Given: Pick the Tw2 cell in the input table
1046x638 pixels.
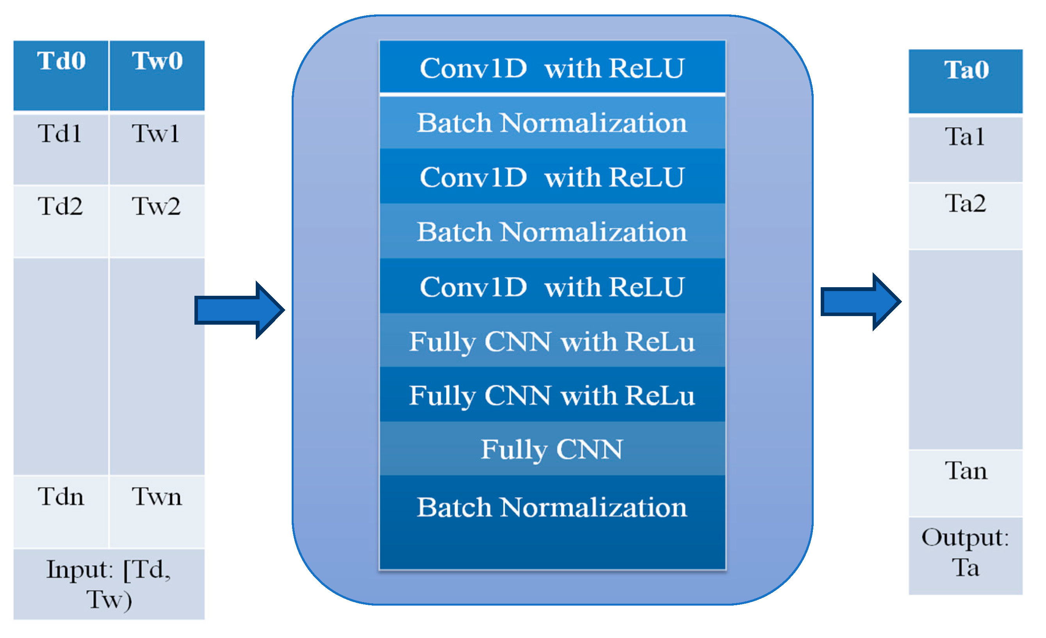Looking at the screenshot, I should click(157, 220).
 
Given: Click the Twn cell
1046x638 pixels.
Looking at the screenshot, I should click(157, 511).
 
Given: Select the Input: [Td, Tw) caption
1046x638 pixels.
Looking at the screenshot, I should click(109, 584).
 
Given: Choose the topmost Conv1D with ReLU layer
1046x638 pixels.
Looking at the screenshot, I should click(552, 68).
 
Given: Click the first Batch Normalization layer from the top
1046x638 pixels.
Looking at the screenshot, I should click(552, 123).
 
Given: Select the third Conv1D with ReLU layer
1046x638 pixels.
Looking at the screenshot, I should click(552, 287).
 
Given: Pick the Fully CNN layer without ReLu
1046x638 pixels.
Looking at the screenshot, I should click(552, 449).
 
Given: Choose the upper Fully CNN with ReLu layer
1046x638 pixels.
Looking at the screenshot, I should click(552, 341).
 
